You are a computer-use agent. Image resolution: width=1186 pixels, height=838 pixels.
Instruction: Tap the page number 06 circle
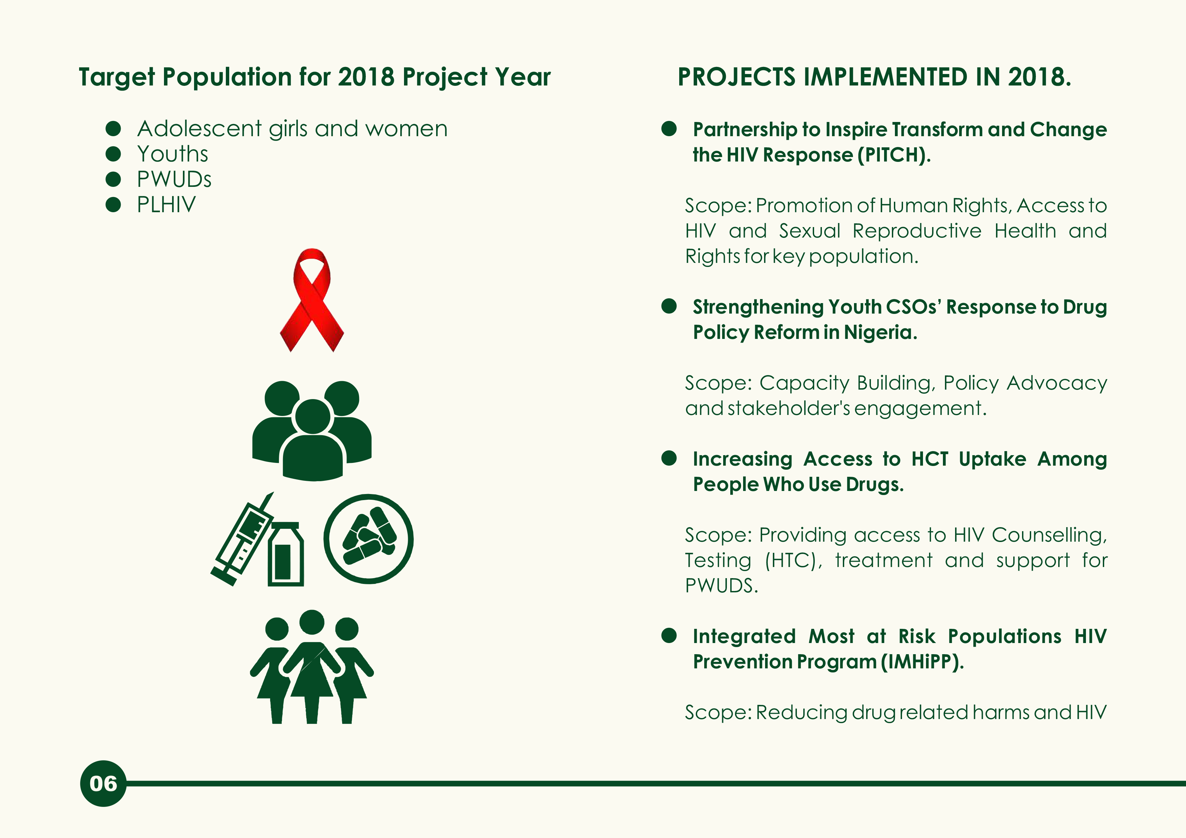103,783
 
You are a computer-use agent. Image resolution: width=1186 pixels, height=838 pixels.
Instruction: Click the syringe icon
242,540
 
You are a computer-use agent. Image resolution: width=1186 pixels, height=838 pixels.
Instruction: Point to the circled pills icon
368,539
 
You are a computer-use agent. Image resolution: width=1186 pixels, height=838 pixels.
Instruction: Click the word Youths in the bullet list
172,154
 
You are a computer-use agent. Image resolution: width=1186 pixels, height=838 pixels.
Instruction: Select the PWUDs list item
174,179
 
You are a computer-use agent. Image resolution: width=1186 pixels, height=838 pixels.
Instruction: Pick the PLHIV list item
166,204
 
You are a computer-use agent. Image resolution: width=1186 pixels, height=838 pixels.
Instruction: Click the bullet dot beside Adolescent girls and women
113,128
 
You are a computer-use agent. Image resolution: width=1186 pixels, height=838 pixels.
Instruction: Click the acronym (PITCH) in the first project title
894,155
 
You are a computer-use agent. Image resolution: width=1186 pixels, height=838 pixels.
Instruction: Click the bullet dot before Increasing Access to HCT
669,458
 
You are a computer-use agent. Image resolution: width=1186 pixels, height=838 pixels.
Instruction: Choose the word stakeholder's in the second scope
789,409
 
